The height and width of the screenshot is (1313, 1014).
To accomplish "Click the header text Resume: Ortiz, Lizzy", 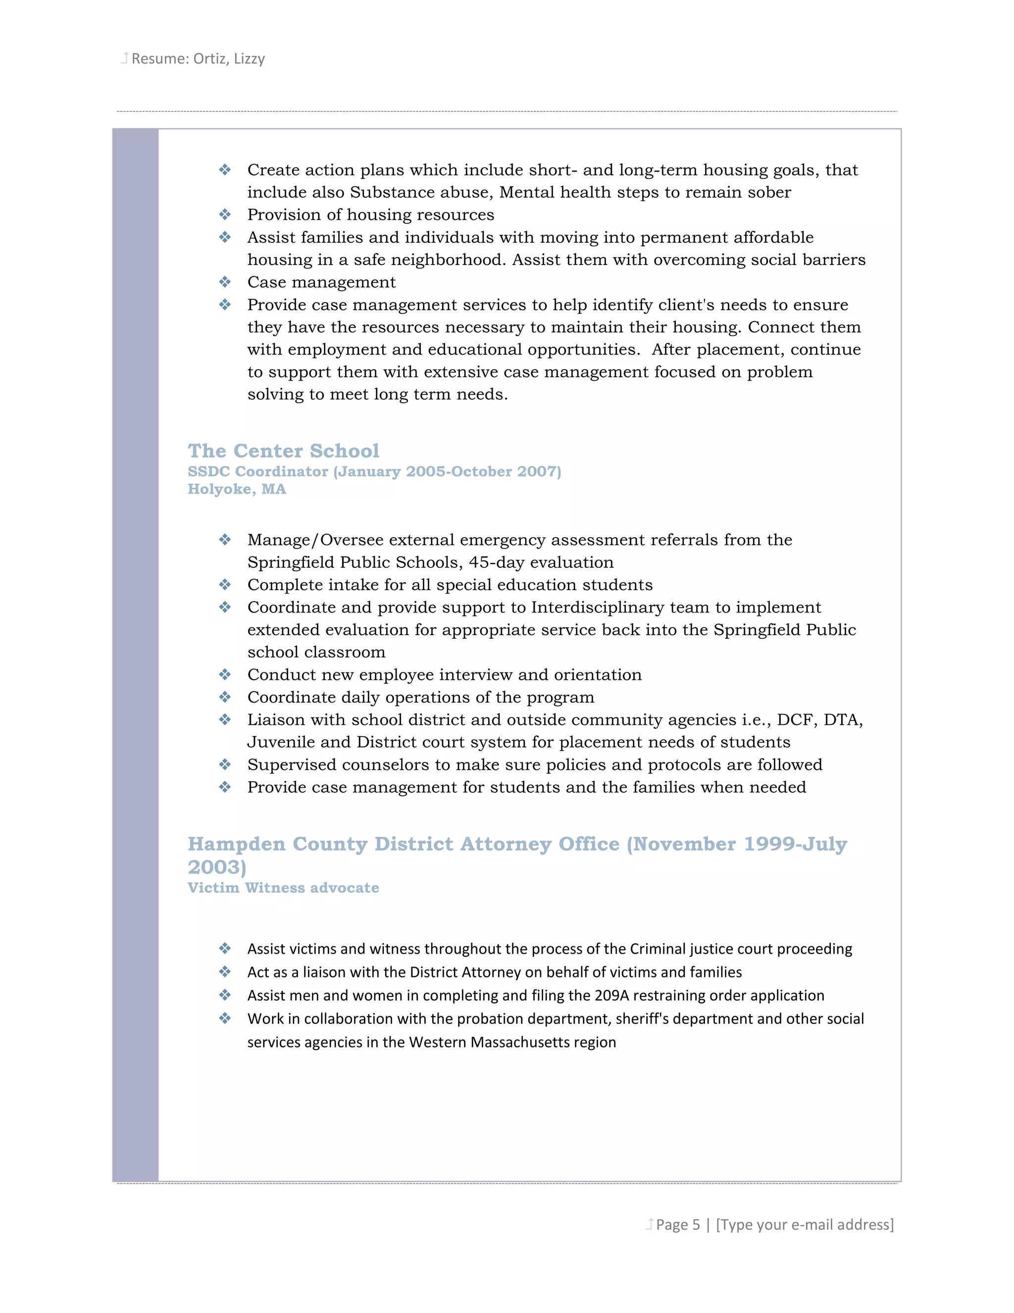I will [x=198, y=59].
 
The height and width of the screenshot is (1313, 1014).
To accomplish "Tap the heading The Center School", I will [x=284, y=451].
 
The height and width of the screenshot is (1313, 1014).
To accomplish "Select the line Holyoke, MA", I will [x=237, y=490].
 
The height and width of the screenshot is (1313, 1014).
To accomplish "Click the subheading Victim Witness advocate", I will [x=283, y=888].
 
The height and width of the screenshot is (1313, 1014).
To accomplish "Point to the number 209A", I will [x=611, y=995].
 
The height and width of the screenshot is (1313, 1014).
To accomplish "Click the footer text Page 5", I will [x=678, y=1225].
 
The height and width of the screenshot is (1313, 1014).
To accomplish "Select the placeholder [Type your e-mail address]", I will [x=805, y=1225].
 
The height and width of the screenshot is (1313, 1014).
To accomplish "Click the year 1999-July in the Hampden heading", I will [x=795, y=845].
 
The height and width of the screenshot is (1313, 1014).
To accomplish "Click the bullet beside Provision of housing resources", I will [x=225, y=215].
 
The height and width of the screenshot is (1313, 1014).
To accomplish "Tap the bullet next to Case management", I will [x=225, y=282].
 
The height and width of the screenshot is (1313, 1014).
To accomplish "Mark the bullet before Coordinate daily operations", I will [x=225, y=698].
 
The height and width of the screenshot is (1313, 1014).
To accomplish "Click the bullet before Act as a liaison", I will [x=225, y=972].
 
